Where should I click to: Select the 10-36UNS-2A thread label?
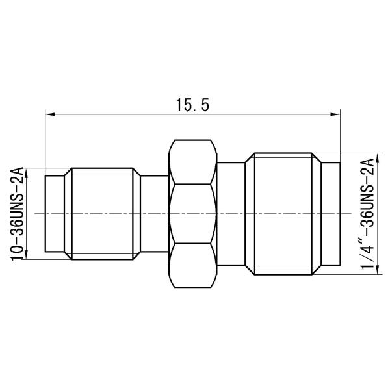point(18,213)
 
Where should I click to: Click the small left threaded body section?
point(104,213)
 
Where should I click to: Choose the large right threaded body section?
point(285,213)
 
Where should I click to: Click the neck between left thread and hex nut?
point(155,213)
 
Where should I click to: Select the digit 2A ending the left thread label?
point(18,174)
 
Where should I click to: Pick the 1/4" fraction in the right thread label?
point(370,255)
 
